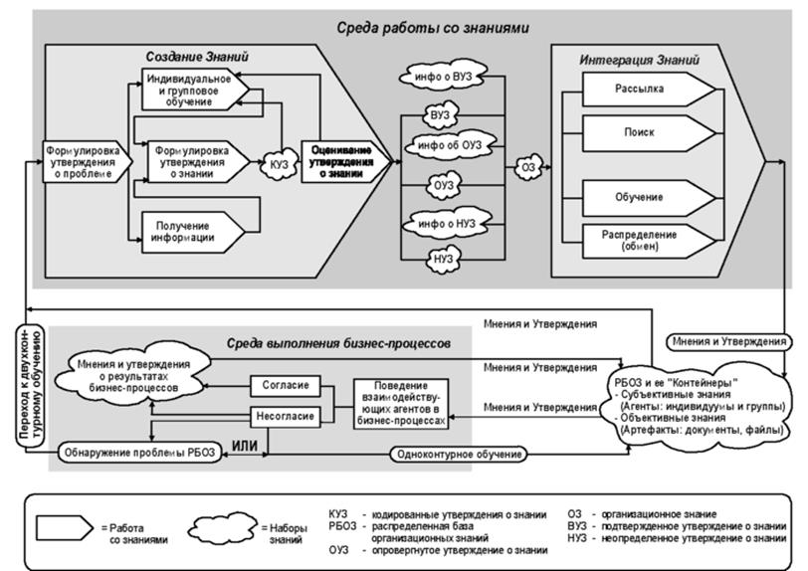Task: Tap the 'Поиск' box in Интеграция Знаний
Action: [642, 131]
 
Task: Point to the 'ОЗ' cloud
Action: [528, 168]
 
